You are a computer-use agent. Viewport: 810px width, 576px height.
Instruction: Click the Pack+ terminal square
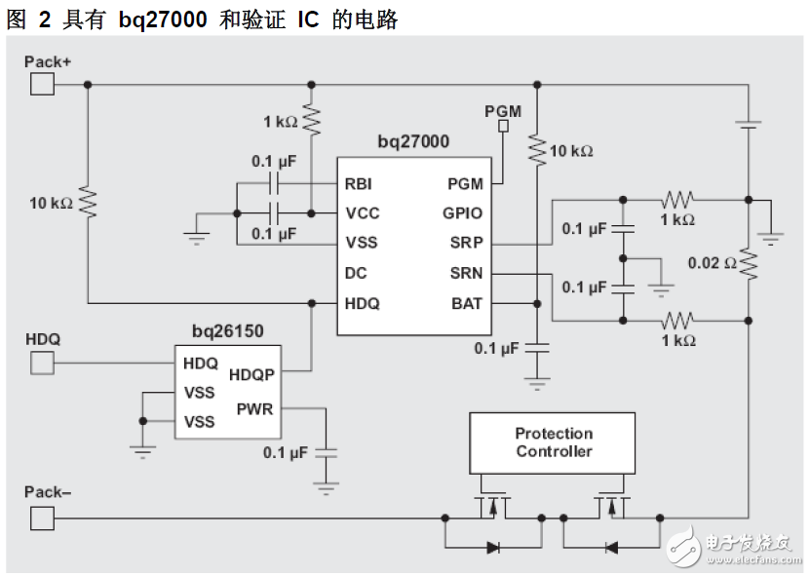[x=42, y=85]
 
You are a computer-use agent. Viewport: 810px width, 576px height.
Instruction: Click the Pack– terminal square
[x=42, y=517]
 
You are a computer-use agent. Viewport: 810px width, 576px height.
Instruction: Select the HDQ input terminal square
[x=42, y=364]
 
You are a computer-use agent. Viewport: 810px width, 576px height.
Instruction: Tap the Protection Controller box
[x=553, y=442]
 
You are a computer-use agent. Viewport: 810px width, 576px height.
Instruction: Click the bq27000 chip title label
[x=413, y=142]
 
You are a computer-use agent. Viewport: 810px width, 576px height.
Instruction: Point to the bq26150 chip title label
[x=227, y=331]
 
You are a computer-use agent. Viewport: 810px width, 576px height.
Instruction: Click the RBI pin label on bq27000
[x=358, y=183]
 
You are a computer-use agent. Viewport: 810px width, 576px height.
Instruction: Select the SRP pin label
[x=466, y=243]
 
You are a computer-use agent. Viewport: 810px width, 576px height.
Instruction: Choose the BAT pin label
[x=466, y=303]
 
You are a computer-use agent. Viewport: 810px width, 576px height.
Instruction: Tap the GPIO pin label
[x=462, y=213]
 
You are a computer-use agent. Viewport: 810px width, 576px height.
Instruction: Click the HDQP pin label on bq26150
[x=251, y=374]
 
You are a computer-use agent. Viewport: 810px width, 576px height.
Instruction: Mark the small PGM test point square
[x=504, y=126]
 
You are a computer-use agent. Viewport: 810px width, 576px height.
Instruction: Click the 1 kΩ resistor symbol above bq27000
[x=311, y=121]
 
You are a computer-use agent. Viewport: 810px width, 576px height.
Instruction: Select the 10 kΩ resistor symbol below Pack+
[x=88, y=203]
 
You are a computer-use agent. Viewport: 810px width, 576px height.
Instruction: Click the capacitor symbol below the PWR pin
[x=327, y=452]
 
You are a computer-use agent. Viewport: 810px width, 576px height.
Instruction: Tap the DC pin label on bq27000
[x=356, y=273]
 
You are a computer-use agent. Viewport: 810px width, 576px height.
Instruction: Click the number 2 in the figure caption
[x=44, y=19]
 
